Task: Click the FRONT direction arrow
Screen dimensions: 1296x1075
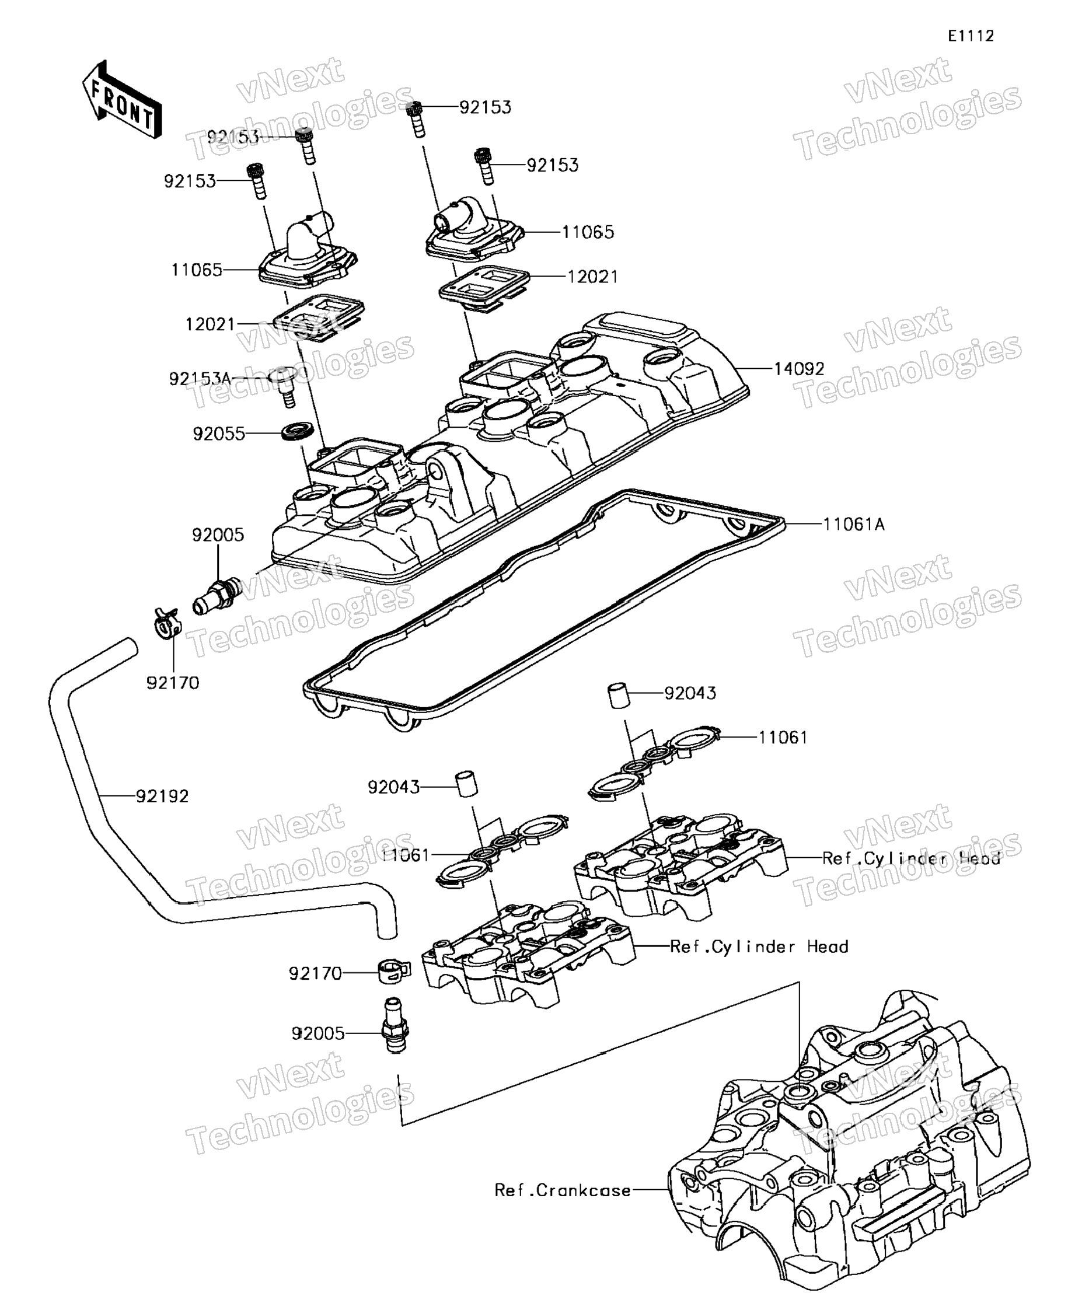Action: click(x=121, y=99)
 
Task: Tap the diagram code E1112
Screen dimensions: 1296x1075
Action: click(x=971, y=36)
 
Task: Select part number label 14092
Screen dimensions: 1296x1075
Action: click(x=799, y=369)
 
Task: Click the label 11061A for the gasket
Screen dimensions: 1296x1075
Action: click(x=853, y=525)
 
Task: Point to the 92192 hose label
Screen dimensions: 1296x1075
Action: click(x=162, y=796)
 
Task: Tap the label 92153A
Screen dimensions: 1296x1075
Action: click(x=200, y=379)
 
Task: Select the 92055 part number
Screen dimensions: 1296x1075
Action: click(x=219, y=434)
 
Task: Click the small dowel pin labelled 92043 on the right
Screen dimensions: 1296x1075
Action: click(x=620, y=696)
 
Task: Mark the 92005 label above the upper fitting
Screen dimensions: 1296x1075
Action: click(x=218, y=535)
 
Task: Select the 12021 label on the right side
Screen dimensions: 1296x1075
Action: click(x=592, y=277)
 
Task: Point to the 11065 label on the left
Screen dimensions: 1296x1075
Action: click(x=196, y=270)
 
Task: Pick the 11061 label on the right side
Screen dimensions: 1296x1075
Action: click(x=783, y=738)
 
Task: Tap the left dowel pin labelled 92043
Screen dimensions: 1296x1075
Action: click(x=466, y=784)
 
